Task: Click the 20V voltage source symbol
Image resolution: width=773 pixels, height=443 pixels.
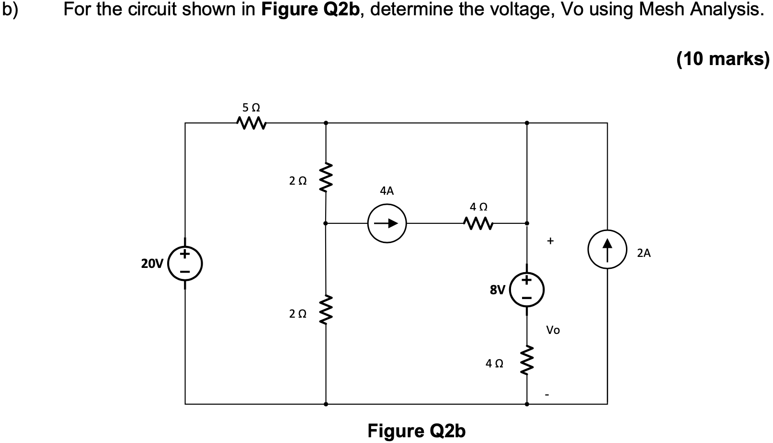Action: click(x=185, y=264)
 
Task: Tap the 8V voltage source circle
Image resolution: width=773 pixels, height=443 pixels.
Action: click(x=527, y=289)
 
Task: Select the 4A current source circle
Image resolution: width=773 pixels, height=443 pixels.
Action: click(x=386, y=223)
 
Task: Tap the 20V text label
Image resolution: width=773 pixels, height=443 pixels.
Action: click(x=152, y=263)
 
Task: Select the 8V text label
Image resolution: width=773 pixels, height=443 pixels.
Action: click(x=497, y=289)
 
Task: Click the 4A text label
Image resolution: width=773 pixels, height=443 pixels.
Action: click(x=386, y=191)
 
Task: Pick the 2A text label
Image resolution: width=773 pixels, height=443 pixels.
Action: click(x=644, y=254)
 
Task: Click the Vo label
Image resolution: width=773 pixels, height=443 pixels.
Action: click(x=553, y=330)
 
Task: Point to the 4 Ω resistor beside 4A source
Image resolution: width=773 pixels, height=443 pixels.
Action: click(x=478, y=223)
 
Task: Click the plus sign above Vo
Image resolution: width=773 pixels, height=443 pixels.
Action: click(x=550, y=241)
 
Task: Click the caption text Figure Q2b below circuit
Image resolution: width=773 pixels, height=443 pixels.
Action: click(x=416, y=431)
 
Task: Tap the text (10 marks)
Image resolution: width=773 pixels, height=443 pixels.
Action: click(x=722, y=59)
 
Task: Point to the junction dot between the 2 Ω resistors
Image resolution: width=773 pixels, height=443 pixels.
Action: click(x=326, y=223)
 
